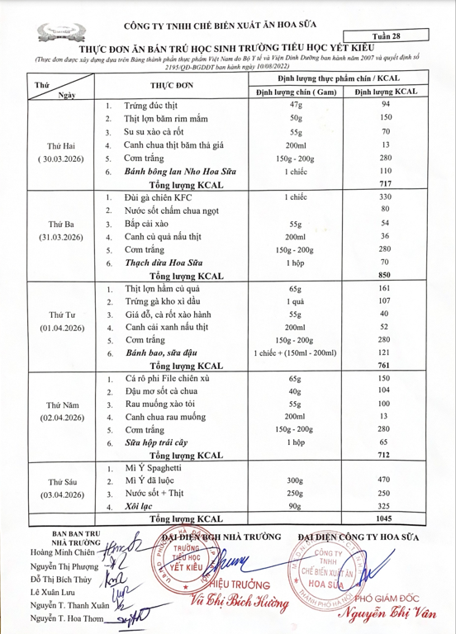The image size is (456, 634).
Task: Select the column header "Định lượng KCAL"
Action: (384, 92)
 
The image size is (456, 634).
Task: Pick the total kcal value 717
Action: (384, 184)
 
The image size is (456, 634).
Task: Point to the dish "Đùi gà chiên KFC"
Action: (158, 198)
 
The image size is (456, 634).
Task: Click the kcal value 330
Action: (384, 198)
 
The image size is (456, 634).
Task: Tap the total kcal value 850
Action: (384, 275)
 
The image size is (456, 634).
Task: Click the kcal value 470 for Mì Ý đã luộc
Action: (384, 480)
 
